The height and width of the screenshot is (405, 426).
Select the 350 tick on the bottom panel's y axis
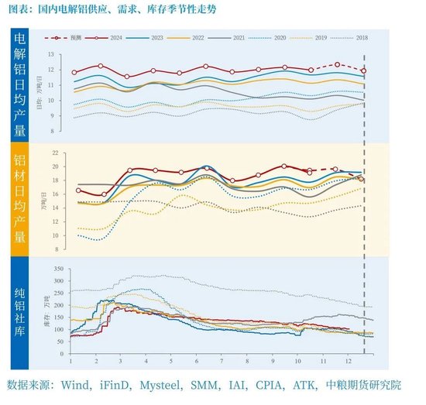coord(57,268)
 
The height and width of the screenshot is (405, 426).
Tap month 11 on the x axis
coord(336,362)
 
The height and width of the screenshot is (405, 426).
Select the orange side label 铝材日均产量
coord(20,198)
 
